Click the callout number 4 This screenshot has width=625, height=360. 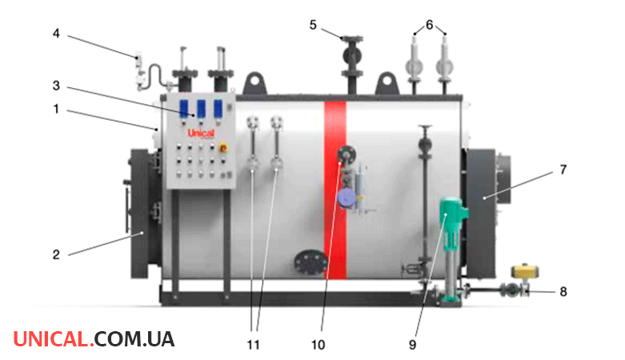click(56, 34)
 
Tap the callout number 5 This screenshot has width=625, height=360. click(313, 25)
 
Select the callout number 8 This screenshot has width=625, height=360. click(563, 292)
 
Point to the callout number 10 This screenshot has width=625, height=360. click(318, 345)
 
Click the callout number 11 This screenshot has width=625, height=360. click(253, 345)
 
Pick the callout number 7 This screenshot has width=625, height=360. click(563, 170)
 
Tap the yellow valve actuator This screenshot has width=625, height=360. click(525, 271)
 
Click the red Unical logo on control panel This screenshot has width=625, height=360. click(201, 133)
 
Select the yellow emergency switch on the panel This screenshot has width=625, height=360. click(222, 148)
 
